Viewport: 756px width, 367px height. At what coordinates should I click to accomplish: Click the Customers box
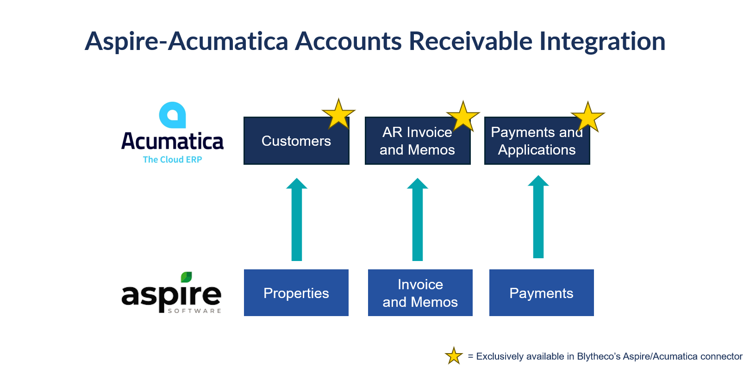tap(296, 141)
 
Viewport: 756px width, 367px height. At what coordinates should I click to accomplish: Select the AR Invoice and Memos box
tap(418, 141)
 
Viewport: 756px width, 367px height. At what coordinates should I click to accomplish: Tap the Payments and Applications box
tap(537, 141)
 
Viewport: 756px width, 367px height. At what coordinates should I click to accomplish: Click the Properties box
tap(296, 292)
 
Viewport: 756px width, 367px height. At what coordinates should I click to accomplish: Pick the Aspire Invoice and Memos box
tap(420, 292)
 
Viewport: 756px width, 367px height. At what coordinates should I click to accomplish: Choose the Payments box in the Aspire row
tap(542, 292)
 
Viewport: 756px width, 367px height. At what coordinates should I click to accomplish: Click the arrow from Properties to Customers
tap(297, 219)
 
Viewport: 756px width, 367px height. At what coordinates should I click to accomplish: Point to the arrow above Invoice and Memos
tap(418, 219)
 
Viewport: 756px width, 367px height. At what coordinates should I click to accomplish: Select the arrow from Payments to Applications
tap(538, 217)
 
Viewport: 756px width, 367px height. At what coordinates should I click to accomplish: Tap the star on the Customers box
tap(338, 114)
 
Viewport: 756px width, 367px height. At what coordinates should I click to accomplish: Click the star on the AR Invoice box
tap(463, 116)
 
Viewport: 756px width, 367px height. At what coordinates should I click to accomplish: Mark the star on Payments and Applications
tap(588, 117)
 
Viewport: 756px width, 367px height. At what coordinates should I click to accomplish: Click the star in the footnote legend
tap(454, 356)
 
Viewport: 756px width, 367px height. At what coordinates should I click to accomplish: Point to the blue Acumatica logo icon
tap(173, 115)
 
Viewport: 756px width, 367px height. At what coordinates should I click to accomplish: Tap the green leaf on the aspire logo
tap(186, 277)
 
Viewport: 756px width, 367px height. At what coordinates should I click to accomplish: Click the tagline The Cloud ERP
tap(173, 160)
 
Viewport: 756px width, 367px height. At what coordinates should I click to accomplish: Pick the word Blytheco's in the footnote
tap(598, 356)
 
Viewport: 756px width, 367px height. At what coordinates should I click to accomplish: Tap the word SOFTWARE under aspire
tap(194, 311)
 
